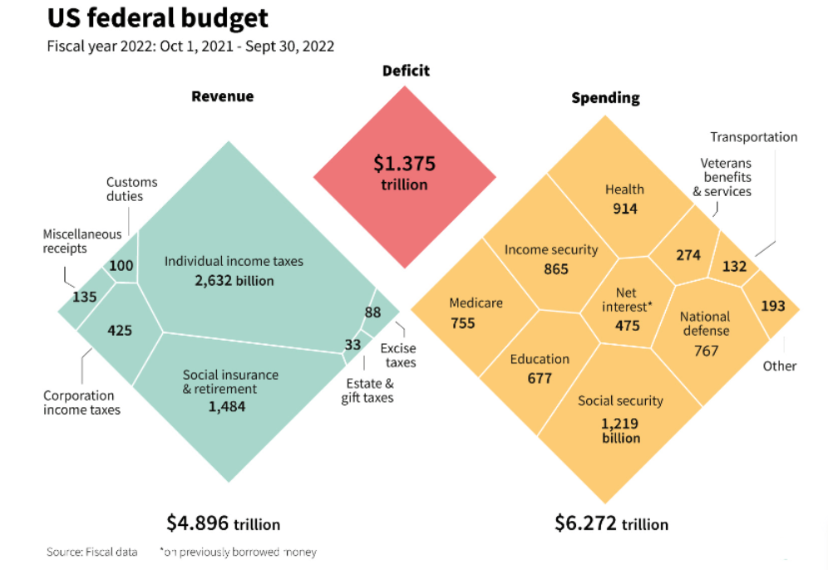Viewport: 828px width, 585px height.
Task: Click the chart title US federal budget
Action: pos(158,18)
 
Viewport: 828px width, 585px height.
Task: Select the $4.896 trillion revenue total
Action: pos(223,524)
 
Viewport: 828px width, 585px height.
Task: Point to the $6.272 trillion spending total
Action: pos(611,524)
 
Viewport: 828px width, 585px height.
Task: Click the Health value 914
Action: pos(624,209)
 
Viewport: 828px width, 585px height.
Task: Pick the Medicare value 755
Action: pos(463,322)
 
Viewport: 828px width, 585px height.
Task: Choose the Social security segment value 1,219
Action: pos(620,423)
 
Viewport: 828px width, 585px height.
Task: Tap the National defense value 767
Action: pos(706,351)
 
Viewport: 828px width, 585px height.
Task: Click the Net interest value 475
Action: pos(627,326)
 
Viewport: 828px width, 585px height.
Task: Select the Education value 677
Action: pos(539,379)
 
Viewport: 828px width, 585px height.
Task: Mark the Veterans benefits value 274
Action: pos(688,255)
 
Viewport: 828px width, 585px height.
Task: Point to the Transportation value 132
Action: pos(734,267)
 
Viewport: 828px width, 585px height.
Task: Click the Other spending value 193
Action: pos(772,306)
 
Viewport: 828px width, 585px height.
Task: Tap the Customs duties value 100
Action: pos(121,266)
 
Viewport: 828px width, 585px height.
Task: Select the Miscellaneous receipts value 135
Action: pos(84,297)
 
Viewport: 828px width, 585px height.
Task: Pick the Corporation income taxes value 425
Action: pos(120,331)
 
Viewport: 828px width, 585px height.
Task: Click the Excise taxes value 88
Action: pos(372,312)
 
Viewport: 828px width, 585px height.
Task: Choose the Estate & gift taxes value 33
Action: pos(352,345)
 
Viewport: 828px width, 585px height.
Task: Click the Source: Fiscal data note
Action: pos(91,552)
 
